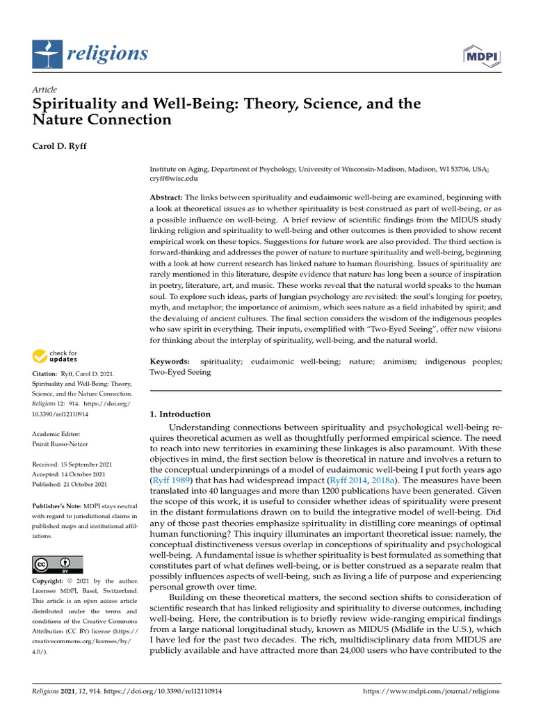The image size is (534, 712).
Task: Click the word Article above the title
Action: click(x=44, y=90)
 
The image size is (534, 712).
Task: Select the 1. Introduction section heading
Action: click(x=180, y=414)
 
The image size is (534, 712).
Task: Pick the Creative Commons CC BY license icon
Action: click(x=58, y=564)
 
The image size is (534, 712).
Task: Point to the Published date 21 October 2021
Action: click(x=72, y=484)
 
